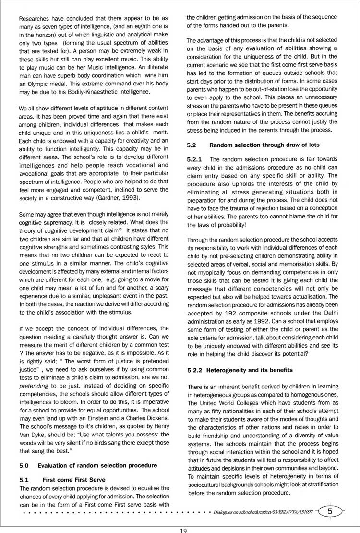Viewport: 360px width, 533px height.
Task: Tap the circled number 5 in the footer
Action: click(330, 511)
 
